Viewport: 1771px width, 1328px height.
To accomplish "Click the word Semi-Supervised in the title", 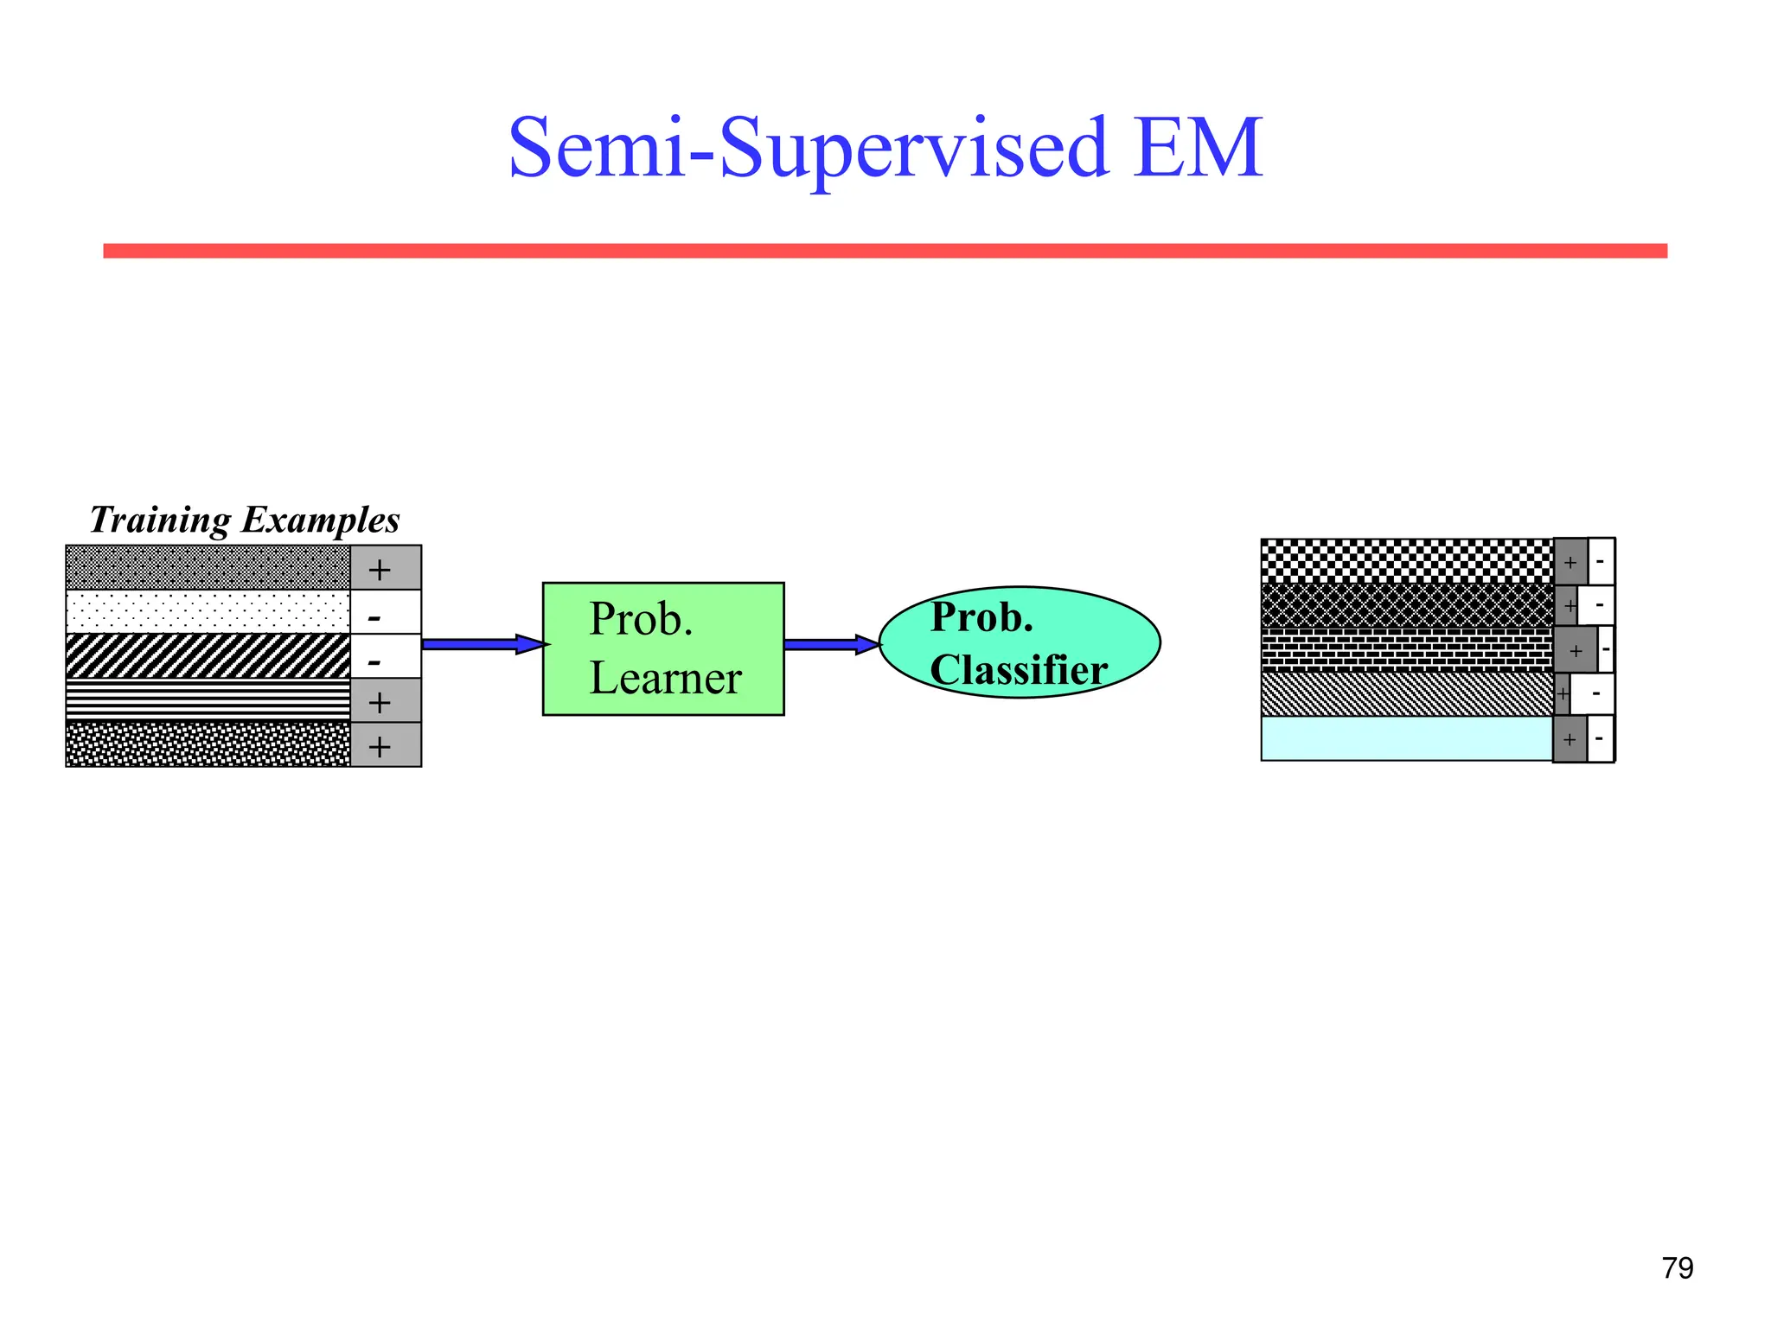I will coord(808,149).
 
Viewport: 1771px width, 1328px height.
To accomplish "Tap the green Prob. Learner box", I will coord(663,648).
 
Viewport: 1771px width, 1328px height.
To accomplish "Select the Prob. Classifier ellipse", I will coord(1020,642).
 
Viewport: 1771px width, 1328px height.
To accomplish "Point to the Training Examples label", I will coord(245,520).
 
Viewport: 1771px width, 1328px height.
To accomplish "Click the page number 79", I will coord(1677,1268).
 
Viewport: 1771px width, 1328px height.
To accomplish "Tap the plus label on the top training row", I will coord(380,569).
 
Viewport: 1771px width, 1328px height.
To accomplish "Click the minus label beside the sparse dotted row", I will coord(375,616).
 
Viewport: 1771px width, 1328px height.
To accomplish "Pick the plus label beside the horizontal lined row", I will coord(380,702).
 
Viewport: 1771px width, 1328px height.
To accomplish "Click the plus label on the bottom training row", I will coord(380,746).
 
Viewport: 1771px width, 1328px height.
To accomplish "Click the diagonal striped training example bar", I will coord(208,656).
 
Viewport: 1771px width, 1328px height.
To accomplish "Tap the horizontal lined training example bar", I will coord(208,700).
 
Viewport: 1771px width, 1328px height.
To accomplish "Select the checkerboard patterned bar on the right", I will coord(1406,561).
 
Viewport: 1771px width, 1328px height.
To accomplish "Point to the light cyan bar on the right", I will coord(1406,738).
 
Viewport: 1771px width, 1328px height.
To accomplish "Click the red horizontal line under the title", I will coord(885,251).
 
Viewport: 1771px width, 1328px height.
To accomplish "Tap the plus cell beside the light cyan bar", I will coord(1570,739).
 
